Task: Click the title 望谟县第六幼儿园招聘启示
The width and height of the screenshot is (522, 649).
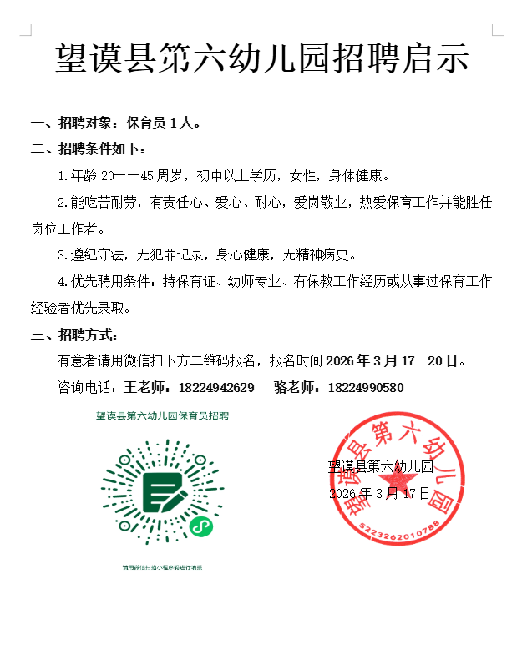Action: (x=261, y=59)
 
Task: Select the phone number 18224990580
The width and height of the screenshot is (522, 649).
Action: (x=366, y=388)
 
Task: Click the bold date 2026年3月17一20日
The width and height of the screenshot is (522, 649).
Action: (x=393, y=361)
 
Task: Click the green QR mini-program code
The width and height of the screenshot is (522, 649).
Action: (x=163, y=492)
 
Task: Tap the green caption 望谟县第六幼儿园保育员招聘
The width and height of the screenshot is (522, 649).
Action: (x=162, y=415)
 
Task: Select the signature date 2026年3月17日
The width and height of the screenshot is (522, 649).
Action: (x=379, y=493)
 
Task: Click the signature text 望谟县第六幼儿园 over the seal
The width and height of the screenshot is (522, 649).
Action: (x=380, y=466)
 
